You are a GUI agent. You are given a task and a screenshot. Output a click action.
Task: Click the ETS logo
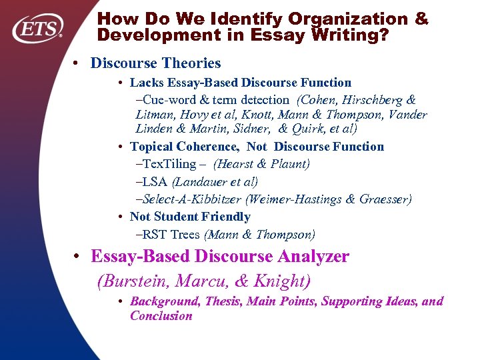point(39,27)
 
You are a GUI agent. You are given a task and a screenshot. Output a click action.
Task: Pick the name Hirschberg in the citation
point(369,99)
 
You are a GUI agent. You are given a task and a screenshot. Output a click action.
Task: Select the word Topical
point(152,146)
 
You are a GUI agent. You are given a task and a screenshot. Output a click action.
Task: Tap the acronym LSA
point(156,181)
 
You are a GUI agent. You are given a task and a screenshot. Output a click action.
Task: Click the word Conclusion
point(161,315)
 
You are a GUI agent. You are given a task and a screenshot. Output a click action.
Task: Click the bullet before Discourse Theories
point(78,63)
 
